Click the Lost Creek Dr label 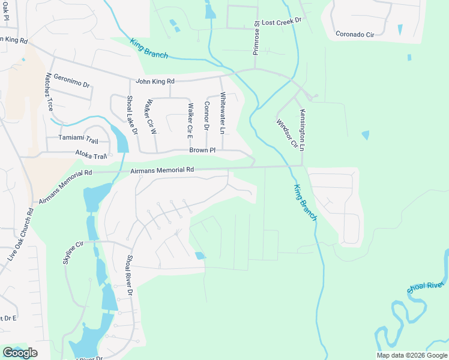pyautogui.click(x=281, y=20)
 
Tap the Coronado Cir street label pyautogui.click(x=355, y=34)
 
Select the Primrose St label pyautogui.click(x=256, y=38)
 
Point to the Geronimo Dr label pyautogui.click(x=71, y=81)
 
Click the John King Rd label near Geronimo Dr pyautogui.click(x=155, y=81)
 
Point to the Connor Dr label pyautogui.click(x=206, y=116)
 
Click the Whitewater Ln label pyautogui.click(x=222, y=113)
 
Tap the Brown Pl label pyautogui.click(x=202, y=150)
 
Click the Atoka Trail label pyautogui.click(x=91, y=155)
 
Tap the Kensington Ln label pyautogui.click(x=303, y=130)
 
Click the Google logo pyautogui.click(x=20, y=353)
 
